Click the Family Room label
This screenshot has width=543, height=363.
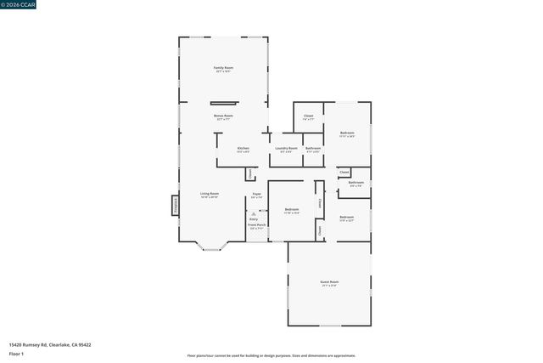click(224, 68)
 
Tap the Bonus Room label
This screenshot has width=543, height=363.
click(224, 116)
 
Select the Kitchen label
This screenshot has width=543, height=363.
click(243, 149)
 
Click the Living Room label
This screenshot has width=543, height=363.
click(210, 194)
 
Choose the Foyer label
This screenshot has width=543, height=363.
click(256, 195)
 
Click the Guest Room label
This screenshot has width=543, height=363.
click(329, 282)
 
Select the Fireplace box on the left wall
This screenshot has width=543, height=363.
click(176, 205)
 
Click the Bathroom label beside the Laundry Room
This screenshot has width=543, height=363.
click(313, 149)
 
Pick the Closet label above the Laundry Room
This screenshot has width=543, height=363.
click(308, 116)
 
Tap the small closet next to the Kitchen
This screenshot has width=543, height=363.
click(250, 173)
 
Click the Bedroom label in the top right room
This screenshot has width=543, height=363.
click(347, 133)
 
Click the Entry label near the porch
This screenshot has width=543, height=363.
click(254, 219)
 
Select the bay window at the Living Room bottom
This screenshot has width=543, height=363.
click(211, 247)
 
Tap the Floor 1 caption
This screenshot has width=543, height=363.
click(16, 353)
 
